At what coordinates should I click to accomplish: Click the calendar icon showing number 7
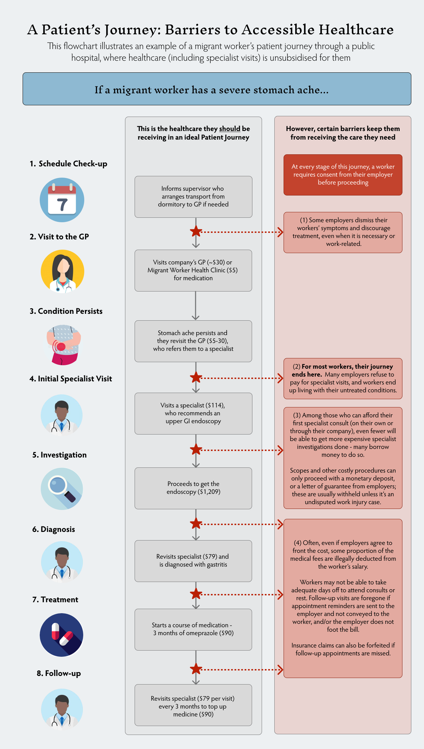pyautogui.click(x=62, y=200)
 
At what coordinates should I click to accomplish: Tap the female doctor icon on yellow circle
pyautogui.click(x=62, y=272)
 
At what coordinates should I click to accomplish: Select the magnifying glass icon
pyautogui.click(x=62, y=489)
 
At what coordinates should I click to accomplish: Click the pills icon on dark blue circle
pyautogui.click(x=62, y=635)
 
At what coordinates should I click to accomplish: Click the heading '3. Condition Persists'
pyautogui.click(x=66, y=311)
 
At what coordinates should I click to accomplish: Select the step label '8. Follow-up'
pyautogui.click(x=59, y=673)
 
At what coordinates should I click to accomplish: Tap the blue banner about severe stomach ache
pyautogui.click(x=216, y=89)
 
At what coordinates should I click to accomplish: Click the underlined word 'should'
pyautogui.click(x=229, y=129)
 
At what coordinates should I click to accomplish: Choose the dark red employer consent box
pyautogui.click(x=343, y=175)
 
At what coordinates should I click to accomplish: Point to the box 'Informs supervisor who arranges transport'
pyautogui.click(x=193, y=197)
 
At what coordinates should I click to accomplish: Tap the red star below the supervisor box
pyautogui.click(x=196, y=231)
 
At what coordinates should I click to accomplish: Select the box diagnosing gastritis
pyautogui.click(x=193, y=561)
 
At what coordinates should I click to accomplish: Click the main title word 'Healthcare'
pyautogui.click(x=356, y=30)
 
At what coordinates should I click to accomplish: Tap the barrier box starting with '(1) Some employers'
pyautogui.click(x=343, y=232)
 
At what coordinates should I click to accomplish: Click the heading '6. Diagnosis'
pyautogui.click(x=53, y=529)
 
